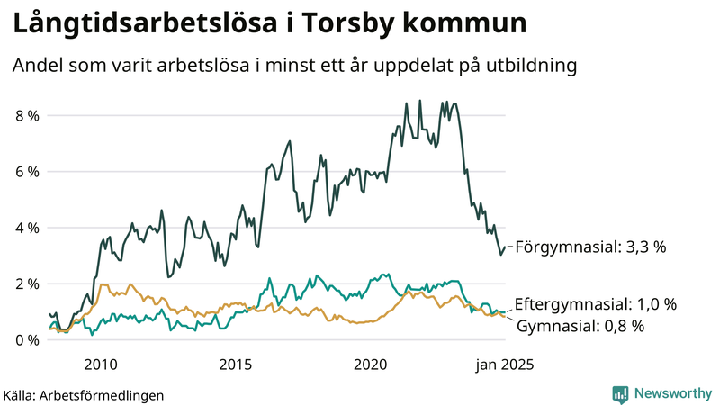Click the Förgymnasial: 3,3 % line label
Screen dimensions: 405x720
pos(589,247)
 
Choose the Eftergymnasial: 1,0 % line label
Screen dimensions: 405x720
pos(595,304)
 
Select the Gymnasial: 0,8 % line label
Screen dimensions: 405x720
pos(580,326)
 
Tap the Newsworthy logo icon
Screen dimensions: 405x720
pos(620,393)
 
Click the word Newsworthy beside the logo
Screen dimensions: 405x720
pos(670,393)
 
